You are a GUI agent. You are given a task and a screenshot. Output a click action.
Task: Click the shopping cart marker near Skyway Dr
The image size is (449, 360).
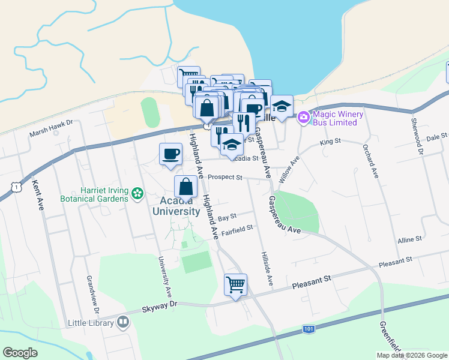point(235,285)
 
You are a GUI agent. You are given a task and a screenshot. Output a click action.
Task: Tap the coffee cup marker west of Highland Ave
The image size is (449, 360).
point(170,154)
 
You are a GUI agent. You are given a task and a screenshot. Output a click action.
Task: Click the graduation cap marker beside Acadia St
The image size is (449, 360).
point(232,145)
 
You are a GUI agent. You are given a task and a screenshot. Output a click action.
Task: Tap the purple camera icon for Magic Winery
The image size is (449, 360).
point(303,116)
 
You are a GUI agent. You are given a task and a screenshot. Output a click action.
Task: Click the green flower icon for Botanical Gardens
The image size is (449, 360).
point(138,193)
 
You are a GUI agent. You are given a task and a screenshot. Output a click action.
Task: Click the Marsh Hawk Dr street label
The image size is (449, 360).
point(51,124)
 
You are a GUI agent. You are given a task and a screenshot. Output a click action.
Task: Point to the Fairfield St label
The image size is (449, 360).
point(238,228)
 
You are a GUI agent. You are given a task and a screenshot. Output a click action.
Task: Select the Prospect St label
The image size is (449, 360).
point(225,178)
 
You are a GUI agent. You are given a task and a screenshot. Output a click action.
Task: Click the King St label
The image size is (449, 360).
point(330,142)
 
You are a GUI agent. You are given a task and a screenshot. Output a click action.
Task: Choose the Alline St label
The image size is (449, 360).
point(410,240)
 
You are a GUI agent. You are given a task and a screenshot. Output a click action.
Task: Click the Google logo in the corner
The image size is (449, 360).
point(20,352)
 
